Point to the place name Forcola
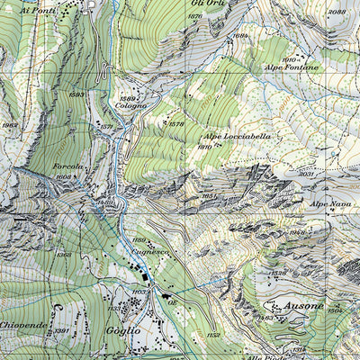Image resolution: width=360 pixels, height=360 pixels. pyautogui.click(x=67, y=166)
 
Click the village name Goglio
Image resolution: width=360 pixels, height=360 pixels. pyautogui.click(x=121, y=330)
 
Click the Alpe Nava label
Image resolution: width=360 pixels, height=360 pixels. pyautogui.click(x=330, y=204)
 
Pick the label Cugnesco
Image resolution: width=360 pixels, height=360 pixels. pyautogui.click(x=151, y=254)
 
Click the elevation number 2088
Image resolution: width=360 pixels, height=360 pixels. pyautogui.click(x=337, y=12)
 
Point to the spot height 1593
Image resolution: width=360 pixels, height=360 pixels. pyautogui.click(x=76, y=94)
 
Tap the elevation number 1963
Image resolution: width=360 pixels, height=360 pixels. pyautogui.click(x=9, y=125)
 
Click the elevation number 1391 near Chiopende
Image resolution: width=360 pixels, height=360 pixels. pyautogui.click(x=61, y=331)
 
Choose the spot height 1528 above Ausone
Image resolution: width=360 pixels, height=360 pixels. pyautogui.click(x=278, y=274)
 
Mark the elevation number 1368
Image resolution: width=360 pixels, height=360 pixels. pyautogui.click(x=64, y=255)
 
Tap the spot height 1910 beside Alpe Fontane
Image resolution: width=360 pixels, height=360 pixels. pyautogui.click(x=289, y=59)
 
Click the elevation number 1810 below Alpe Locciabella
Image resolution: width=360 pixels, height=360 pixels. pyautogui.click(x=204, y=146)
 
